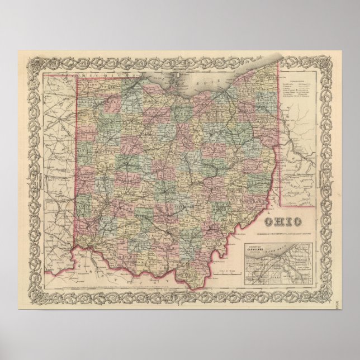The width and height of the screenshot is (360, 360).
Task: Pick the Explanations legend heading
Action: click(x=297, y=80)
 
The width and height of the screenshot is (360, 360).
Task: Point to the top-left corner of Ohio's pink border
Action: click(x=77, y=78)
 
